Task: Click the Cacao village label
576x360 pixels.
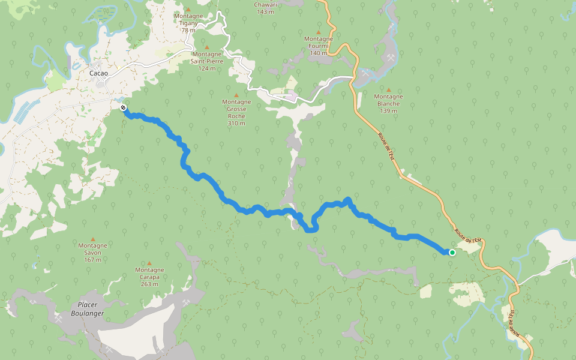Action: (x=98, y=73)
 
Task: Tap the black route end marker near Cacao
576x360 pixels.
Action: (x=122, y=108)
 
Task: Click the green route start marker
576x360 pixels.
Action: (x=452, y=253)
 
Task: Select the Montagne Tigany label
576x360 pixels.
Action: (x=188, y=22)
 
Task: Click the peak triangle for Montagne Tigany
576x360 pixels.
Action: (x=188, y=10)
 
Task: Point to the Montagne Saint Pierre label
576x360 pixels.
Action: (x=207, y=61)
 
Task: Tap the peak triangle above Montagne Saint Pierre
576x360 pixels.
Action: (x=207, y=47)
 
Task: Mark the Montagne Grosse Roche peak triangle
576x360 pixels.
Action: (x=236, y=95)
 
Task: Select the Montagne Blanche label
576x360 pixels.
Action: (x=388, y=100)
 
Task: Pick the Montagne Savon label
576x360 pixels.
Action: (x=92, y=248)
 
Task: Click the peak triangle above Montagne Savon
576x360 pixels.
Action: (x=92, y=239)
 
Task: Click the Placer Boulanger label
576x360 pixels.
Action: (x=88, y=309)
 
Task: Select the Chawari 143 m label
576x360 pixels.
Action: (x=265, y=7)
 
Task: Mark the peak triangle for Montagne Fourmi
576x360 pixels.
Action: (x=319, y=32)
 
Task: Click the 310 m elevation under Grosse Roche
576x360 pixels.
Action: (x=236, y=124)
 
